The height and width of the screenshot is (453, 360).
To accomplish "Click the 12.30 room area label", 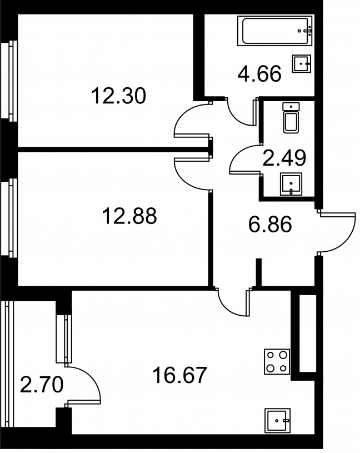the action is tap(119, 96).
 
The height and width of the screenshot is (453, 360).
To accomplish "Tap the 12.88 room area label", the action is tap(129, 216).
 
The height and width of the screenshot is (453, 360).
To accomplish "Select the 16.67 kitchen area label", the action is tap(180, 375).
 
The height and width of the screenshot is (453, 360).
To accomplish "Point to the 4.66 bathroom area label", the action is tap(259, 74).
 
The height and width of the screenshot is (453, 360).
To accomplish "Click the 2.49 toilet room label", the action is tap(284, 158).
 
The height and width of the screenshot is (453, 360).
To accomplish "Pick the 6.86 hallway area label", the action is tap(270, 225).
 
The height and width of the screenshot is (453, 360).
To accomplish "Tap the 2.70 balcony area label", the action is tap(42, 385).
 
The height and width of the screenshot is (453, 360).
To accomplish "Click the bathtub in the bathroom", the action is tap(275, 31).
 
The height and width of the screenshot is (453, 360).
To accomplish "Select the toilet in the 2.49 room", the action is tap(291, 118).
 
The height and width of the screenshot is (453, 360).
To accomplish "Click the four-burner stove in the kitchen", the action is tap(277, 361).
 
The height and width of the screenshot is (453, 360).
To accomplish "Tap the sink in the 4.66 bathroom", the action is tap(302, 63).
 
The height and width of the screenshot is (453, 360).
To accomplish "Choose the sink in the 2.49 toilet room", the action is tap(291, 184).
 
